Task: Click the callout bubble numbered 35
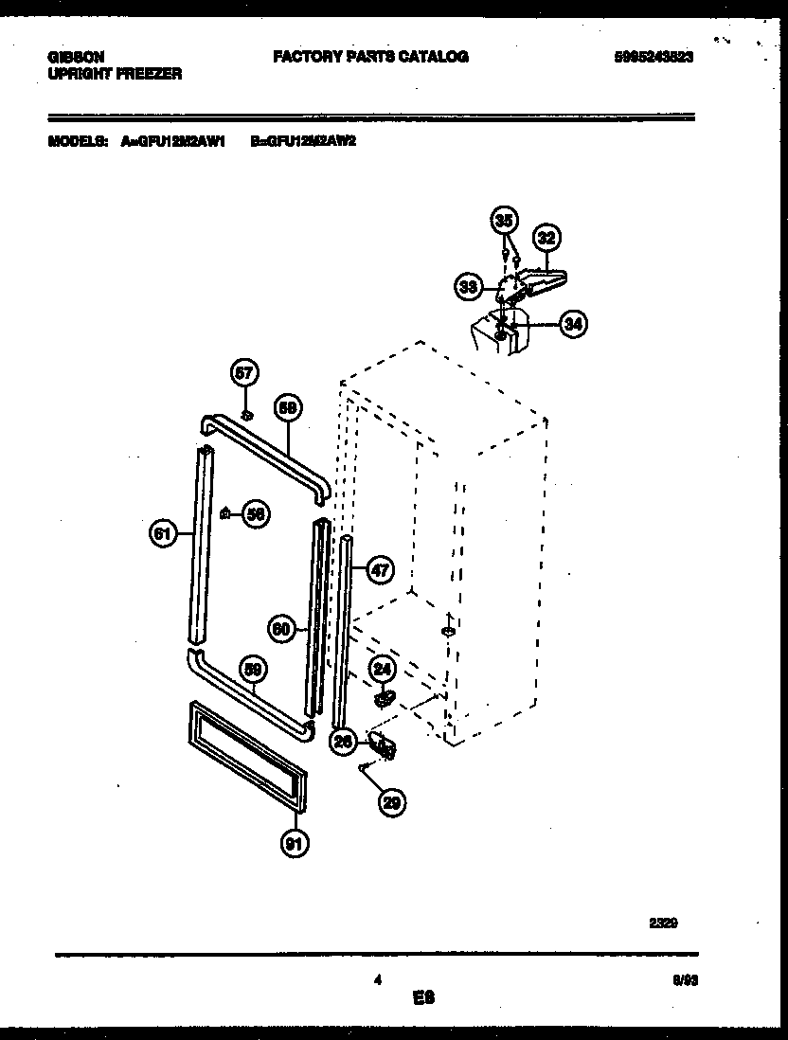tap(505, 221)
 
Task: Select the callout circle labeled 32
tap(546, 238)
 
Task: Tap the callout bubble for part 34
tap(572, 324)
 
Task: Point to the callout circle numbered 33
tap(468, 284)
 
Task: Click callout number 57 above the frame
tap(244, 373)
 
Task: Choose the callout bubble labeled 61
tap(164, 534)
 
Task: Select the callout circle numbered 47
tap(379, 570)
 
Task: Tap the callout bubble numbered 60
tap(281, 627)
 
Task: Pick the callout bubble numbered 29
tap(391, 803)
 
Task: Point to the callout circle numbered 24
tap(382, 670)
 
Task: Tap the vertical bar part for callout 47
tap(344, 625)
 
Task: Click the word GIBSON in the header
tap(76, 57)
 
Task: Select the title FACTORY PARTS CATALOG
tap(370, 57)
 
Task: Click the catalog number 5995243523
tap(654, 57)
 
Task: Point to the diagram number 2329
tap(664, 920)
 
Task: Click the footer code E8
tap(423, 997)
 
